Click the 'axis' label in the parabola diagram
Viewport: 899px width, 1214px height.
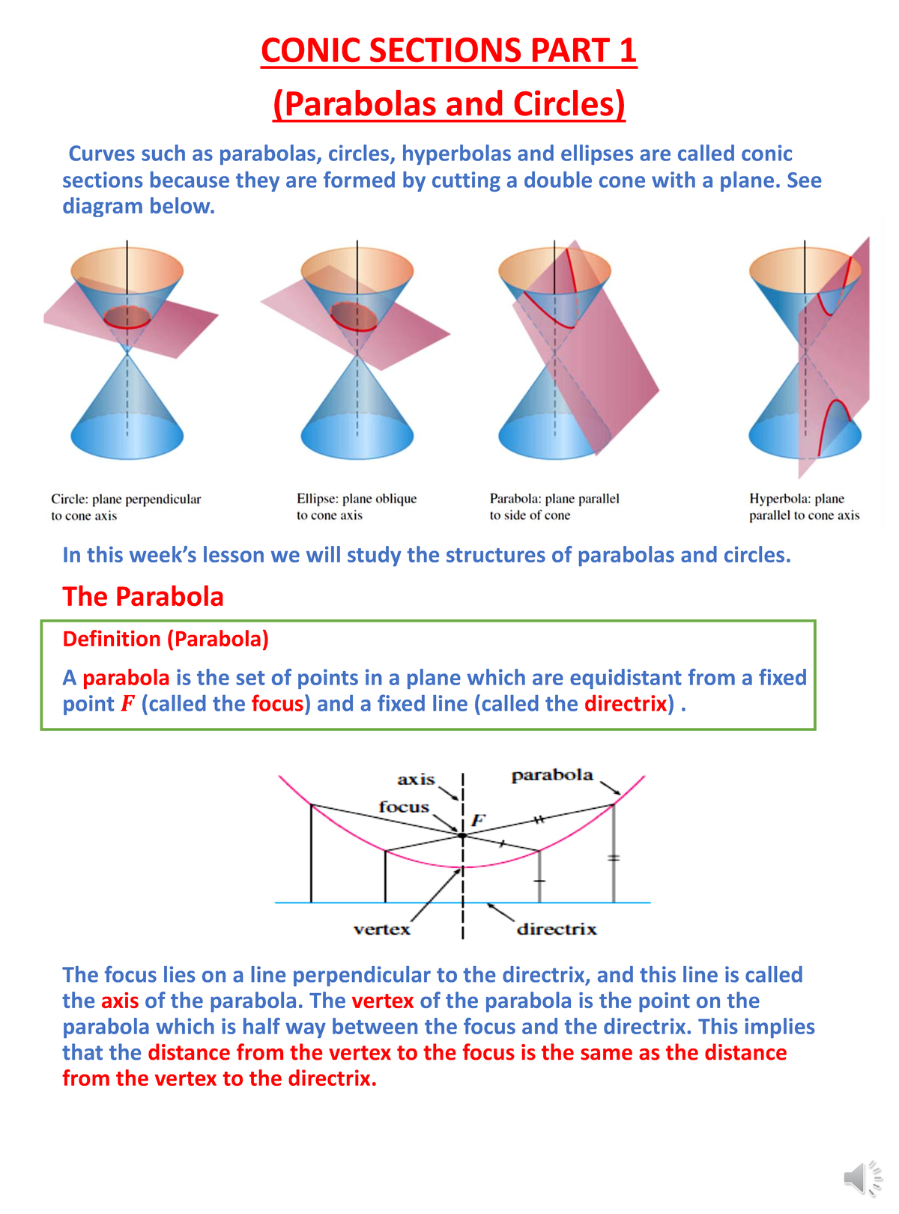pyautogui.click(x=416, y=780)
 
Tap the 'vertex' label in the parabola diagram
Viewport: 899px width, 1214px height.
pyautogui.click(x=381, y=929)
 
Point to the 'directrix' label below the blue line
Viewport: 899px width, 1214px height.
pyautogui.click(x=557, y=929)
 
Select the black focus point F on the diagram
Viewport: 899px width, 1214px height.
pyautogui.click(x=462, y=835)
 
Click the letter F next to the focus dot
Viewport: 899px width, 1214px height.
pyautogui.click(x=477, y=820)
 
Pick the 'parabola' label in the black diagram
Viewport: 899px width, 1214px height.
pyautogui.click(x=551, y=776)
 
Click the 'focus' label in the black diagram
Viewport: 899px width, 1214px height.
pyautogui.click(x=404, y=807)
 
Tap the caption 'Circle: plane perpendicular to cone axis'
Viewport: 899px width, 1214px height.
pyautogui.click(x=126, y=507)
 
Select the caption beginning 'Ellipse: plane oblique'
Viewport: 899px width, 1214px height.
pyautogui.click(x=356, y=507)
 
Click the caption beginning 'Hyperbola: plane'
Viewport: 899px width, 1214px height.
pyautogui.click(x=804, y=507)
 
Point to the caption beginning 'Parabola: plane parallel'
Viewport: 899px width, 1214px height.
pyautogui.click(x=554, y=507)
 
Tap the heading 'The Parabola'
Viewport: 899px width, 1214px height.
pyautogui.click(x=143, y=597)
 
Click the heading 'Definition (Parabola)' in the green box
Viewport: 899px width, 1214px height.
pyautogui.click(x=166, y=639)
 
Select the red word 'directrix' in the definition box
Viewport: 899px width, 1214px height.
pyautogui.click(x=626, y=704)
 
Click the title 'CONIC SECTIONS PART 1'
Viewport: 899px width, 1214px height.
pyautogui.click(x=448, y=51)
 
